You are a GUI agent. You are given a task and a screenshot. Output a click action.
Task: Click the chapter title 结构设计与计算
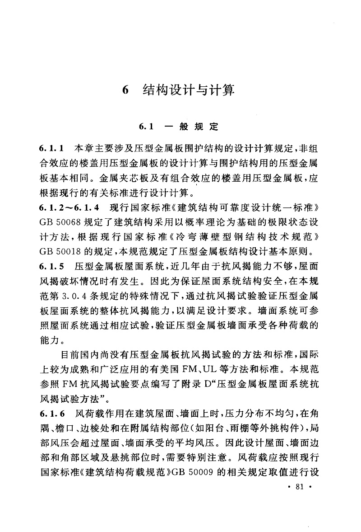point(189,89)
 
